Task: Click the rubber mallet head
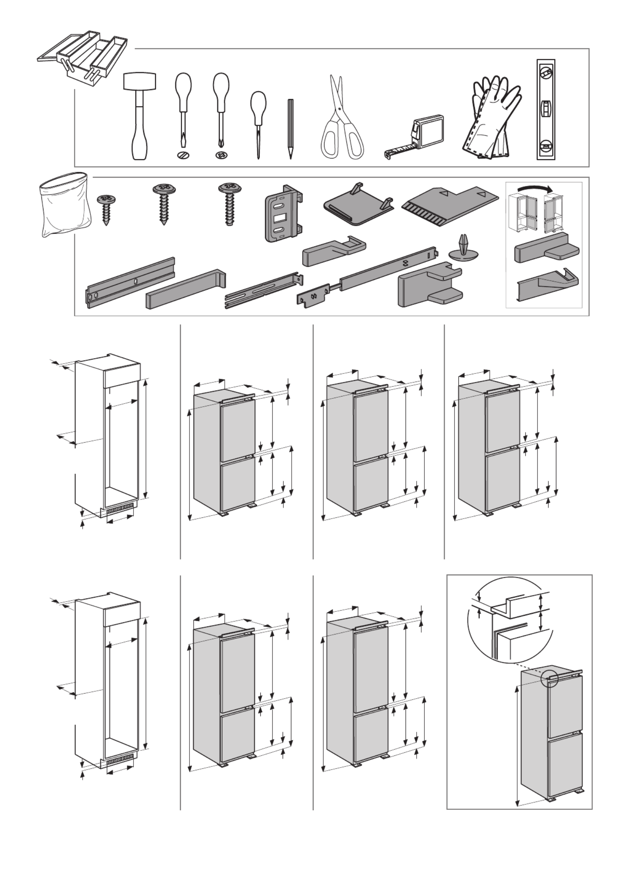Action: (x=140, y=82)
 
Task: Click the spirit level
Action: (x=545, y=110)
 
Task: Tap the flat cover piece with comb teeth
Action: (x=450, y=204)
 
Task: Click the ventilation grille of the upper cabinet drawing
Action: (x=119, y=509)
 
